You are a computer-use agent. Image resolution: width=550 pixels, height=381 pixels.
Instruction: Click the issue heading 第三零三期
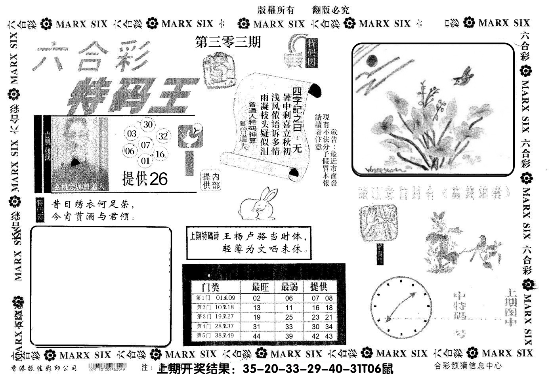[x=228, y=42]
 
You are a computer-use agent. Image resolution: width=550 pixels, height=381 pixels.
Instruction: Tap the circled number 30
[x=148, y=125]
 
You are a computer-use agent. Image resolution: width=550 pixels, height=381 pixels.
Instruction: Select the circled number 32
[x=163, y=137]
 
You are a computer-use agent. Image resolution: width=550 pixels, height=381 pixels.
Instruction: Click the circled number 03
[x=132, y=133]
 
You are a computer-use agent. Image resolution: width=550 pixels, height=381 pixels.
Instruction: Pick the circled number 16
[x=160, y=154]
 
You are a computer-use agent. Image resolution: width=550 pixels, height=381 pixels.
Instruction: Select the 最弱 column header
[x=289, y=287]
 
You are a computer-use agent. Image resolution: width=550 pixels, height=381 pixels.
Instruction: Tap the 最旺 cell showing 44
[x=256, y=336]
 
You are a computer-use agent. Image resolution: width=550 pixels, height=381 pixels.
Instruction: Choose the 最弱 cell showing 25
[x=289, y=317]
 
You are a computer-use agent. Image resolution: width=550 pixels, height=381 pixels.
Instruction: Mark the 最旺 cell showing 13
[x=256, y=308]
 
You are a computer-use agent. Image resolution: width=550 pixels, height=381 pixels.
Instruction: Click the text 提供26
[x=145, y=179]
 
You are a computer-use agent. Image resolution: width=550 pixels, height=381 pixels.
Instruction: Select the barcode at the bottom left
[x=107, y=367]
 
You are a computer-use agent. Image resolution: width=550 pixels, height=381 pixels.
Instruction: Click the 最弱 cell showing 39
[x=289, y=336]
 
